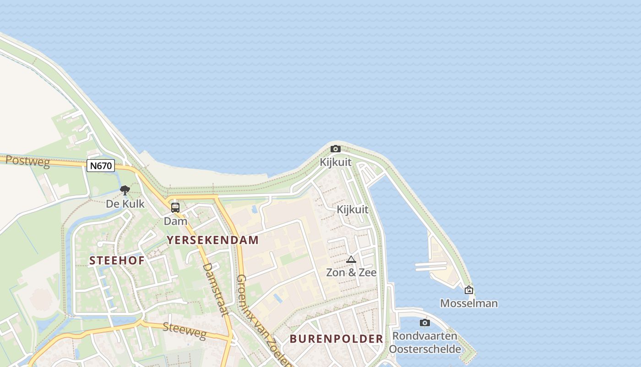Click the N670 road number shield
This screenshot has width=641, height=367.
[x=101, y=166]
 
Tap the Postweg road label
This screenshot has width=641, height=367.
[x=27, y=161]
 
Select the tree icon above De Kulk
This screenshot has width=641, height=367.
[x=125, y=190]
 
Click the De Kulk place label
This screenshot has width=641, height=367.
[x=125, y=204]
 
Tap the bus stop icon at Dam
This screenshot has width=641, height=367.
[x=175, y=208]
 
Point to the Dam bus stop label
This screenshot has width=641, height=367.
[x=175, y=221]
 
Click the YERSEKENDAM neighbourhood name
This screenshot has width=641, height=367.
[x=212, y=240]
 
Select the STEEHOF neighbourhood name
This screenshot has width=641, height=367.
[x=117, y=261]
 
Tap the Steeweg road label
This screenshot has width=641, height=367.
[x=185, y=331]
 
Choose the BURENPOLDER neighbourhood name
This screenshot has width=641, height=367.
[x=336, y=339]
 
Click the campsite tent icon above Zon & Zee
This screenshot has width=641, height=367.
[x=351, y=259]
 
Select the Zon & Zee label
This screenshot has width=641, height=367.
[x=351, y=272]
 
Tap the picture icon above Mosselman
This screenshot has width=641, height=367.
[x=469, y=290]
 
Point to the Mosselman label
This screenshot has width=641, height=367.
[x=469, y=303]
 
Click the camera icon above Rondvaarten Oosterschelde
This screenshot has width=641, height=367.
[x=425, y=323]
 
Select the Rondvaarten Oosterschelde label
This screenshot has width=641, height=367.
[x=425, y=342]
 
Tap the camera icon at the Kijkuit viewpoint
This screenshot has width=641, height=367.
[x=336, y=149]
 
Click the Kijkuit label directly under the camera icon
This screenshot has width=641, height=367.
[x=336, y=162]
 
